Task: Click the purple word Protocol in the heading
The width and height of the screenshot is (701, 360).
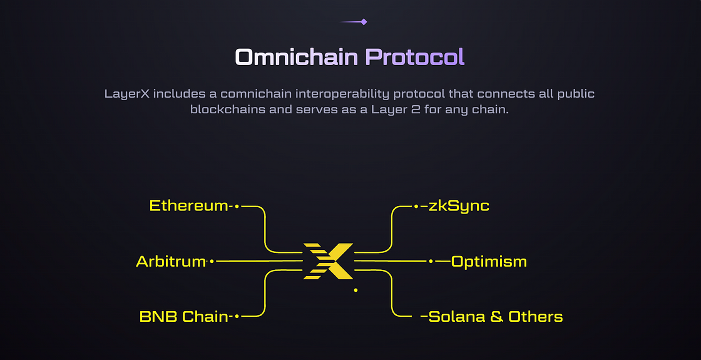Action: click(415, 57)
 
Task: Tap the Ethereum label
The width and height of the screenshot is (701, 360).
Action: click(189, 205)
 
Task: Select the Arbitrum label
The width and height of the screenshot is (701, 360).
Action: click(171, 261)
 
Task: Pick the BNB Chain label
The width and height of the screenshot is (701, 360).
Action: click(183, 317)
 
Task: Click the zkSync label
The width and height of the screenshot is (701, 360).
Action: click(459, 205)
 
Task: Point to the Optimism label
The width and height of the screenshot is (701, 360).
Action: click(489, 261)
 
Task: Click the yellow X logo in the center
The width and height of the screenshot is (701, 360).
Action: click(329, 260)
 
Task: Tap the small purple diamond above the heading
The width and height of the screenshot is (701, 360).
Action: click(364, 22)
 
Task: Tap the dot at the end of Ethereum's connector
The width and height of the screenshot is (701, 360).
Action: click(237, 205)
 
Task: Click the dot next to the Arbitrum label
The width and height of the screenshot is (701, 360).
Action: click(212, 261)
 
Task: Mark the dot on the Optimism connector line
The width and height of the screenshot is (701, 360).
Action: click(431, 261)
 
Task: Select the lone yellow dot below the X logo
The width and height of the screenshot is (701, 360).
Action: click(356, 290)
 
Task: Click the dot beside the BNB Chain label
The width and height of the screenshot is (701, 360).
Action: click(237, 317)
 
